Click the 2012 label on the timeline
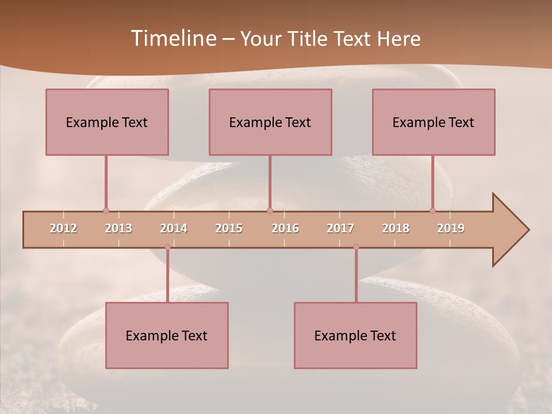coord(63,228)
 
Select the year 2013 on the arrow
coord(118,228)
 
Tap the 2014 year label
coord(174,228)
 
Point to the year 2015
coord(229,228)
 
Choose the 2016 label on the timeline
coord(285,228)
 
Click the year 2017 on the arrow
coord(340,228)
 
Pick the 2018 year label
coord(396,228)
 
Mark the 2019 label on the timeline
coord(451,228)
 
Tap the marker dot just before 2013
coord(106,210)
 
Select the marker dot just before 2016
coord(270,210)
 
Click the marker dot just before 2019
coord(433,210)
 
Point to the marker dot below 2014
coord(167,247)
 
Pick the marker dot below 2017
coord(356,247)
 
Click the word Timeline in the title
coord(172,39)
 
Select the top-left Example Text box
coord(107,122)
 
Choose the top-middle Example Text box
coord(270,122)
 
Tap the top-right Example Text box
coord(434,122)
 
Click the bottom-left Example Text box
coord(167,335)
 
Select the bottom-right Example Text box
coord(355,335)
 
